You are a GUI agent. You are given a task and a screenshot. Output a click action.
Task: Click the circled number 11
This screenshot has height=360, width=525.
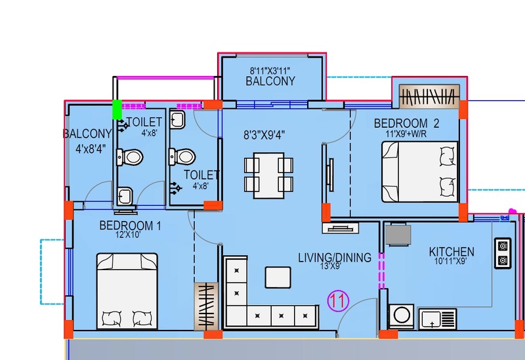(x=338, y=301)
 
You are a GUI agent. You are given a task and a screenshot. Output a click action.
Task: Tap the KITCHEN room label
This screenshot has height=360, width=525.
(x=451, y=252)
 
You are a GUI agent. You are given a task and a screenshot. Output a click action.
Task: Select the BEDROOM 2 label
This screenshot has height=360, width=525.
(x=406, y=123)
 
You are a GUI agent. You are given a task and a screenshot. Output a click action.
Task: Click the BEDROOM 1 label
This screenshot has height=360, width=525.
(x=130, y=226)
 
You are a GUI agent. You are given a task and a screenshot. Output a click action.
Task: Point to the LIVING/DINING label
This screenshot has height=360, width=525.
(x=335, y=258)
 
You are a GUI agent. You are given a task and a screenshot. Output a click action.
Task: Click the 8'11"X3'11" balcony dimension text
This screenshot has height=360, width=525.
(x=270, y=71)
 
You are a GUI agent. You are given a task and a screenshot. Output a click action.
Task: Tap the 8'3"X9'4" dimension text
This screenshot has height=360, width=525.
(x=264, y=135)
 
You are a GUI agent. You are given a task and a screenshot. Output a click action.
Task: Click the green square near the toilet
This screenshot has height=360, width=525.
(x=117, y=110)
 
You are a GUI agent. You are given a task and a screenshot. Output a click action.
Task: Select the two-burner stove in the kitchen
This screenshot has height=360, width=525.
(x=503, y=253)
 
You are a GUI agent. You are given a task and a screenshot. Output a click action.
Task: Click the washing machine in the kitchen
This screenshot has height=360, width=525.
(x=402, y=315)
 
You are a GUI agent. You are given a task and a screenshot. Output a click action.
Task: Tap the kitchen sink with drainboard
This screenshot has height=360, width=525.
(x=437, y=319)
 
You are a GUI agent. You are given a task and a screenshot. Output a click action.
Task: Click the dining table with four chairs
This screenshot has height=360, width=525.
(x=269, y=175)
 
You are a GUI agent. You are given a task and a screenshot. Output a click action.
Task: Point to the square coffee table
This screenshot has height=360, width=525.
(x=278, y=277)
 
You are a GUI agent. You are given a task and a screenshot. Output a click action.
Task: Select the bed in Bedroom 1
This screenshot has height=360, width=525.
(x=127, y=291)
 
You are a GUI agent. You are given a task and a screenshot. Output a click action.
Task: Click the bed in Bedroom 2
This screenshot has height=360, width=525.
(x=419, y=172)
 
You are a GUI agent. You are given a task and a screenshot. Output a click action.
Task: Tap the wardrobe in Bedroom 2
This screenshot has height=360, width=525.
(x=430, y=96)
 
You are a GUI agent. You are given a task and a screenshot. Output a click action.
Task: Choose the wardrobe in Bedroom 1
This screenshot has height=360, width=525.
(x=206, y=306)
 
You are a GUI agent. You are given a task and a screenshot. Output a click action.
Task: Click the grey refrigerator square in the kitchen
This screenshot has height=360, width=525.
(x=398, y=235)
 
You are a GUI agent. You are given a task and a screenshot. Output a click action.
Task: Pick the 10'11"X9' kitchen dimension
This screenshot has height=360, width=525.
(x=451, y=261)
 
